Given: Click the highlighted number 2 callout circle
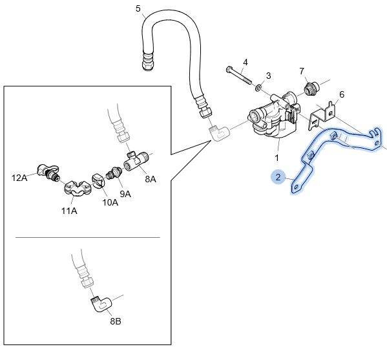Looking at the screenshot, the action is [278, 177].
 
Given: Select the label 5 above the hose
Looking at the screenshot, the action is [138, 9].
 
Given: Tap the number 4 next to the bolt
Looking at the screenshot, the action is [245, 62].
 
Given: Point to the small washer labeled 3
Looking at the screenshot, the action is [258, 87].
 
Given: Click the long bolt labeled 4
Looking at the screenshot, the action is [238, 75].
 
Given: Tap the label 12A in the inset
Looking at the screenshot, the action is [19, 178].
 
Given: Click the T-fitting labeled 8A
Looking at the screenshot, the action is [136, 161].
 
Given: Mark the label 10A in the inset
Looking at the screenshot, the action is [110, 202].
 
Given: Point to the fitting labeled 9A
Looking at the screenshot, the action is [114, 173].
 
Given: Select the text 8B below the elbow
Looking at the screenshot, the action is [116, 321].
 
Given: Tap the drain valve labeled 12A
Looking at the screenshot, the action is [48, 173].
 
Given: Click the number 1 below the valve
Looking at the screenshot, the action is [277, 158].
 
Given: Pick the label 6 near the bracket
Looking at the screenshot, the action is [342, 94].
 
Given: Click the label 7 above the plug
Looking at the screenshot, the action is [302, 71].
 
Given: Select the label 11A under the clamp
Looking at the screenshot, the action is [69, 211].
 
